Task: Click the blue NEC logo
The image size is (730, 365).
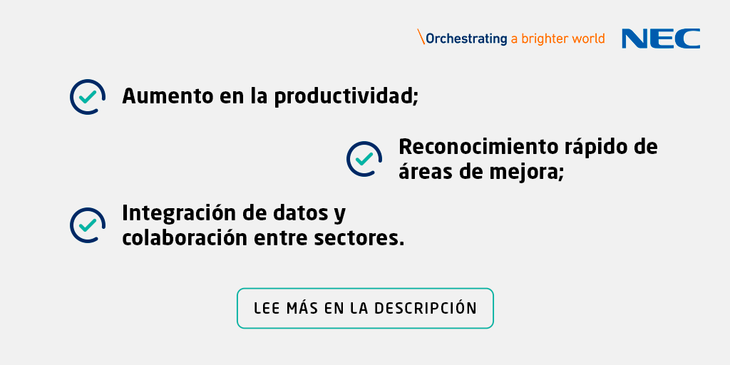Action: click(660, 38)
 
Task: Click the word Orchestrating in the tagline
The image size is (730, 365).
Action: click(466, 39)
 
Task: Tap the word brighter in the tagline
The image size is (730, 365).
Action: click(545, 38)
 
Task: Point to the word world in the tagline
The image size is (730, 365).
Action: click(589, 38)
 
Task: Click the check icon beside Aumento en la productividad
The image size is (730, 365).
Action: click(88, 96)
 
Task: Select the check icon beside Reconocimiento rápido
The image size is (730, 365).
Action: click(364, 158)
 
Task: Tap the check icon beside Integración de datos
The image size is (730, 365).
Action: click(88, 225)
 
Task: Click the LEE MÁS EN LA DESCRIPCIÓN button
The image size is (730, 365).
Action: click(365, 308)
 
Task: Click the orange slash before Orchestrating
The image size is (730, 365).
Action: click(421, 37)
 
